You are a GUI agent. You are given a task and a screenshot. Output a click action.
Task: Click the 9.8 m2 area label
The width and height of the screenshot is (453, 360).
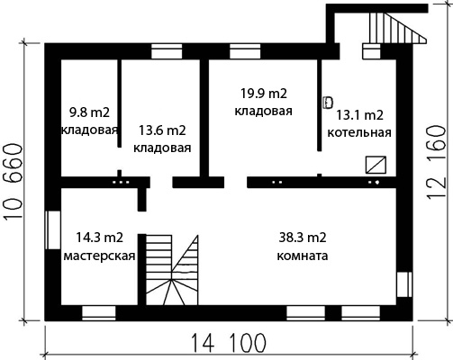89,113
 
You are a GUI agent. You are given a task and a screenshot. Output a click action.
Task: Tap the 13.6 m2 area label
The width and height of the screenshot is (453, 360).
162,130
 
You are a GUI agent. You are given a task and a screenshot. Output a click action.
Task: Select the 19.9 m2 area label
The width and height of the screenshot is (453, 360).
264,94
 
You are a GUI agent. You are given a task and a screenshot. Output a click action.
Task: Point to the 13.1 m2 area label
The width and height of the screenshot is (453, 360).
359,115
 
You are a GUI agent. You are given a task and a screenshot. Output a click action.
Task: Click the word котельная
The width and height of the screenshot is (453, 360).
359,132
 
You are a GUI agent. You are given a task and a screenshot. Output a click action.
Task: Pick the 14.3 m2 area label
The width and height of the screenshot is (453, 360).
99,238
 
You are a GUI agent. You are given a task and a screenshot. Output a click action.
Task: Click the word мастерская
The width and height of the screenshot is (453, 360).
99,256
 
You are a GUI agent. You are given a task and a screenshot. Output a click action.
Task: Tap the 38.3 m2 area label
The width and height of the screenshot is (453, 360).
303,238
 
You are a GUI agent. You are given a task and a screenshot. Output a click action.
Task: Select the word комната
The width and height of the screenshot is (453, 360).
303,256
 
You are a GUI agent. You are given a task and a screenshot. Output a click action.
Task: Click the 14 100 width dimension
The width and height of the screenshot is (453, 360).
229,343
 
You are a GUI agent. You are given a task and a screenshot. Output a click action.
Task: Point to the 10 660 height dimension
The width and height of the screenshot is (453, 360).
14,182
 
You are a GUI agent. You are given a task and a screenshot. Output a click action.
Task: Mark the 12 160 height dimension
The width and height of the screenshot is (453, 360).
435,162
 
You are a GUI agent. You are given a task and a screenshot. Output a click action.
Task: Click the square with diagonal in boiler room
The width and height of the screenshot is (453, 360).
376,165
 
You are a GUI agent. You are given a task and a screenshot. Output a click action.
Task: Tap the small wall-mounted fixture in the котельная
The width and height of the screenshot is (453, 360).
328,103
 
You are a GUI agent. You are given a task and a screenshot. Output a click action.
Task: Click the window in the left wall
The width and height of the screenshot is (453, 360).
53,230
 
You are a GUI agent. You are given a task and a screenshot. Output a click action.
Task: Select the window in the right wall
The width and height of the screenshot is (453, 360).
404,284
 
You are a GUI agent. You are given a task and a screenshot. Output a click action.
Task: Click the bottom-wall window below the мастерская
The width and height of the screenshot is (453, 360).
99,313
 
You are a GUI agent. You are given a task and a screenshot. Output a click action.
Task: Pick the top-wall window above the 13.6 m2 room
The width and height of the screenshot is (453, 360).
167,51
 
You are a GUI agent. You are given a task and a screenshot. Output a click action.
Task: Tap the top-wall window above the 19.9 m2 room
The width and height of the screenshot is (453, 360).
245,51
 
